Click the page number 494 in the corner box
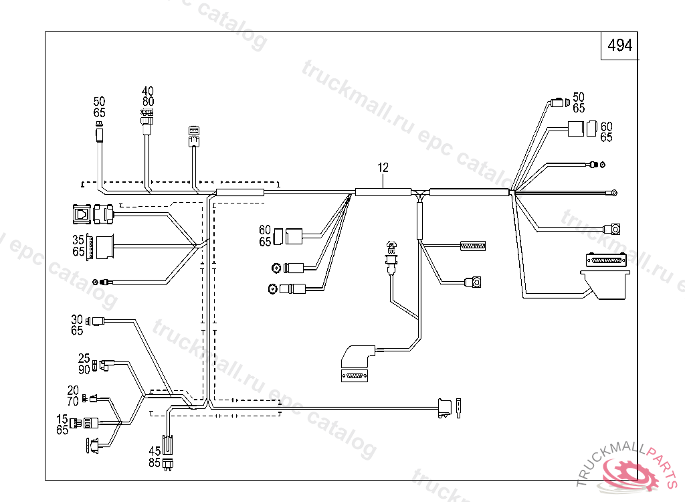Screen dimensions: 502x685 coord(619,46)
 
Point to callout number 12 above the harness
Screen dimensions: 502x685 coord(383,168)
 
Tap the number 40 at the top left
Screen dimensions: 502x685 coord(147,91)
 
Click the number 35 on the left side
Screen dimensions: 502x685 coord(78,240)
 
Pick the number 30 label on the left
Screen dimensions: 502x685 coord(77,320)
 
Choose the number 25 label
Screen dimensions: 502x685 coord(84,358)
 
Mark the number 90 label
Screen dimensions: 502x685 coord(84,369)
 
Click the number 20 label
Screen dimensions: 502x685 coord(73,390)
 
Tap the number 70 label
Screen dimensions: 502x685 coord(73,401)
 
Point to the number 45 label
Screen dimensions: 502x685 coord(155,451)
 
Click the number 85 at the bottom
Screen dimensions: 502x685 coord(155,462)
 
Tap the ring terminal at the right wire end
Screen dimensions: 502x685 coord(612,193)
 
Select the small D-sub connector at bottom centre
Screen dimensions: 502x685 coord(354,376)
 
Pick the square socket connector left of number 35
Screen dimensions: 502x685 coord(81,214)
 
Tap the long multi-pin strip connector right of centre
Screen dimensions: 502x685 coord(473,246)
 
